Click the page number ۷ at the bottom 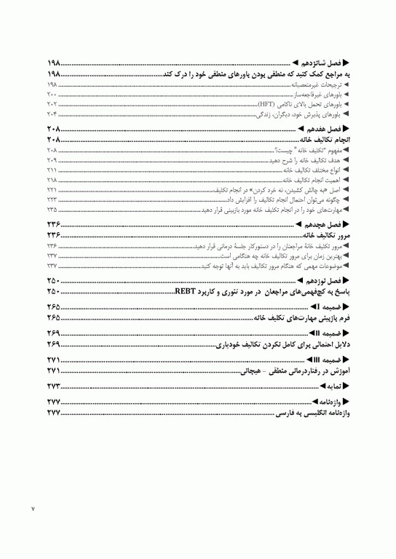tap(33, 507)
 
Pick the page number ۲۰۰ tap(52, 95)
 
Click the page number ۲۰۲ tap(52, 105)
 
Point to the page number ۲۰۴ tap(52, 114)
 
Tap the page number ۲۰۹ tap(52, 159)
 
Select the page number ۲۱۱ tap(52, 169)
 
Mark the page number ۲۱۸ tap(52, 179)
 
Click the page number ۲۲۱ tap(52, 189)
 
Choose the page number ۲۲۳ tap(52, 199)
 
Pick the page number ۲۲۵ tap(52, 208)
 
